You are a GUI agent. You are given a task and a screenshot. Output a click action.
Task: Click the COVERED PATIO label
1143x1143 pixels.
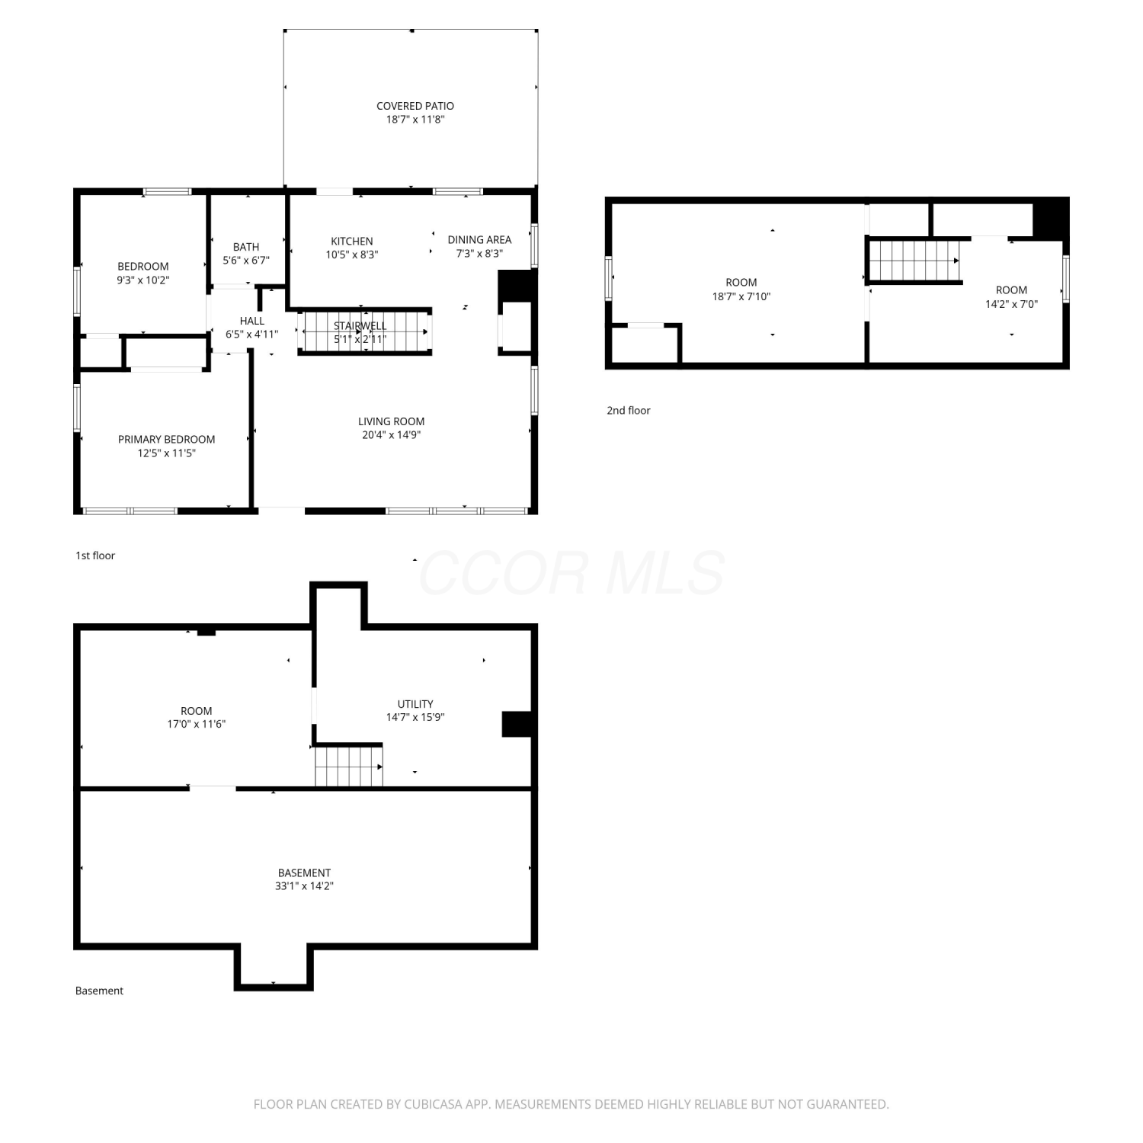pos(415,106)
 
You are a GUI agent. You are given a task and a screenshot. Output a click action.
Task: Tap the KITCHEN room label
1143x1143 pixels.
pos(352,242)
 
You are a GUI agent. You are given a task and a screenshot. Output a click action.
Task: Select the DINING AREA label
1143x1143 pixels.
pos(479,240)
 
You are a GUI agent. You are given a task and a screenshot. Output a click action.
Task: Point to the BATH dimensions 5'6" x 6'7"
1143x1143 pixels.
pos(246,261)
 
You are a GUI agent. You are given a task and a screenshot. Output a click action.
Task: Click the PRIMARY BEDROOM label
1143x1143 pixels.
pos(166,440)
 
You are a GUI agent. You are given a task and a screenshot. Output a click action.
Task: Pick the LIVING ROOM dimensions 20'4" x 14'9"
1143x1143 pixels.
pos(392,435)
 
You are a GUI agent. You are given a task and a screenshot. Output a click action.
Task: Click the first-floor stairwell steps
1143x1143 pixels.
pos(366,332)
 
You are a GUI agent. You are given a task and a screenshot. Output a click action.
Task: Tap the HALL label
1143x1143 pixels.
pos(252,321)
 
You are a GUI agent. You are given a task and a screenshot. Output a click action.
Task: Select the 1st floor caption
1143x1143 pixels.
pos(95,555)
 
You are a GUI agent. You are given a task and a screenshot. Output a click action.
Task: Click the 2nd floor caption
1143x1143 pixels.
pos(629,411)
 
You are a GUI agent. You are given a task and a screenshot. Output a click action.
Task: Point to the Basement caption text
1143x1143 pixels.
pos(99,991)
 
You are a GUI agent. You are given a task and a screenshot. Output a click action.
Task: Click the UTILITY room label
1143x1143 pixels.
pos(415,704)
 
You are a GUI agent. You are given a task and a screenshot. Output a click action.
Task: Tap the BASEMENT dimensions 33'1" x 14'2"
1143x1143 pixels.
pos(305,886)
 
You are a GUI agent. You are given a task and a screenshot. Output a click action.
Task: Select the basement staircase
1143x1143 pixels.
pos(349,766)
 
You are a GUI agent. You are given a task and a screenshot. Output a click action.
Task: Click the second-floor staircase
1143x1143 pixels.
pos(914,261)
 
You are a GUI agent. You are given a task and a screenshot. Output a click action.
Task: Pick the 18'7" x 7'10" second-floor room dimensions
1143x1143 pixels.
pos(741,296)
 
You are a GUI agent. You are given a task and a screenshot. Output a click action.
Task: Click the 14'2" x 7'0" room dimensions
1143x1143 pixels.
pos(1012,304)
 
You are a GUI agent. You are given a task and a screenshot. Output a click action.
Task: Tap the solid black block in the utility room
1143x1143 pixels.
pos(517,724)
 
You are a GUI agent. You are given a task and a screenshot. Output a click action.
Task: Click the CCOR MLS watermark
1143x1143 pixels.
pos(571,573)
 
